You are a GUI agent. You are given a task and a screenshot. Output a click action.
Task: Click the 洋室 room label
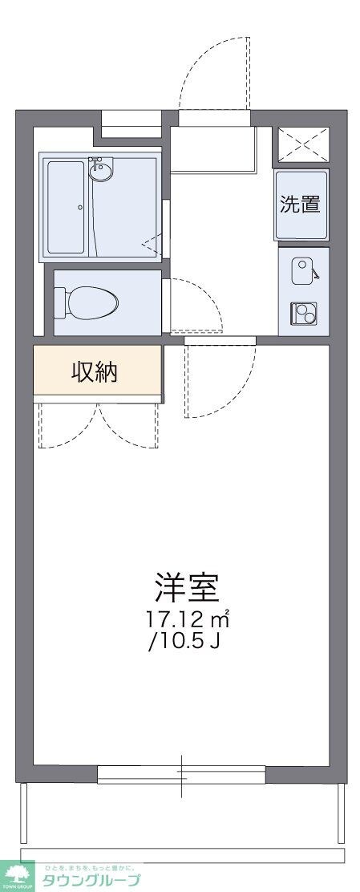click(x=188, y=589)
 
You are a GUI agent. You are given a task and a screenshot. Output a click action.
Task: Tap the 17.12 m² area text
click(x=188, y=620)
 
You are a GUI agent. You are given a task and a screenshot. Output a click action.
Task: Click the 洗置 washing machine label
click(x=300, y=204)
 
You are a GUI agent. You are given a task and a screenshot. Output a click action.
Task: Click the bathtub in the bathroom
click(x=66, y=207)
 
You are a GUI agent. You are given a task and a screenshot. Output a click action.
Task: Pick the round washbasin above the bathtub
click(x=101, y=170)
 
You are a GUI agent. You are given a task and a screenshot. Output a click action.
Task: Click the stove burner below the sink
click(x=303, y=313)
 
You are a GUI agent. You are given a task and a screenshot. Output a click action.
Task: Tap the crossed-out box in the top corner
click(x=303, y=144)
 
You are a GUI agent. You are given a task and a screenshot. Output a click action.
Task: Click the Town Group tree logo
click(x=18, y=874)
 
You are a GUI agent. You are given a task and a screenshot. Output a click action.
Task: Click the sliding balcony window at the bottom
click(x=181, y=774)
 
